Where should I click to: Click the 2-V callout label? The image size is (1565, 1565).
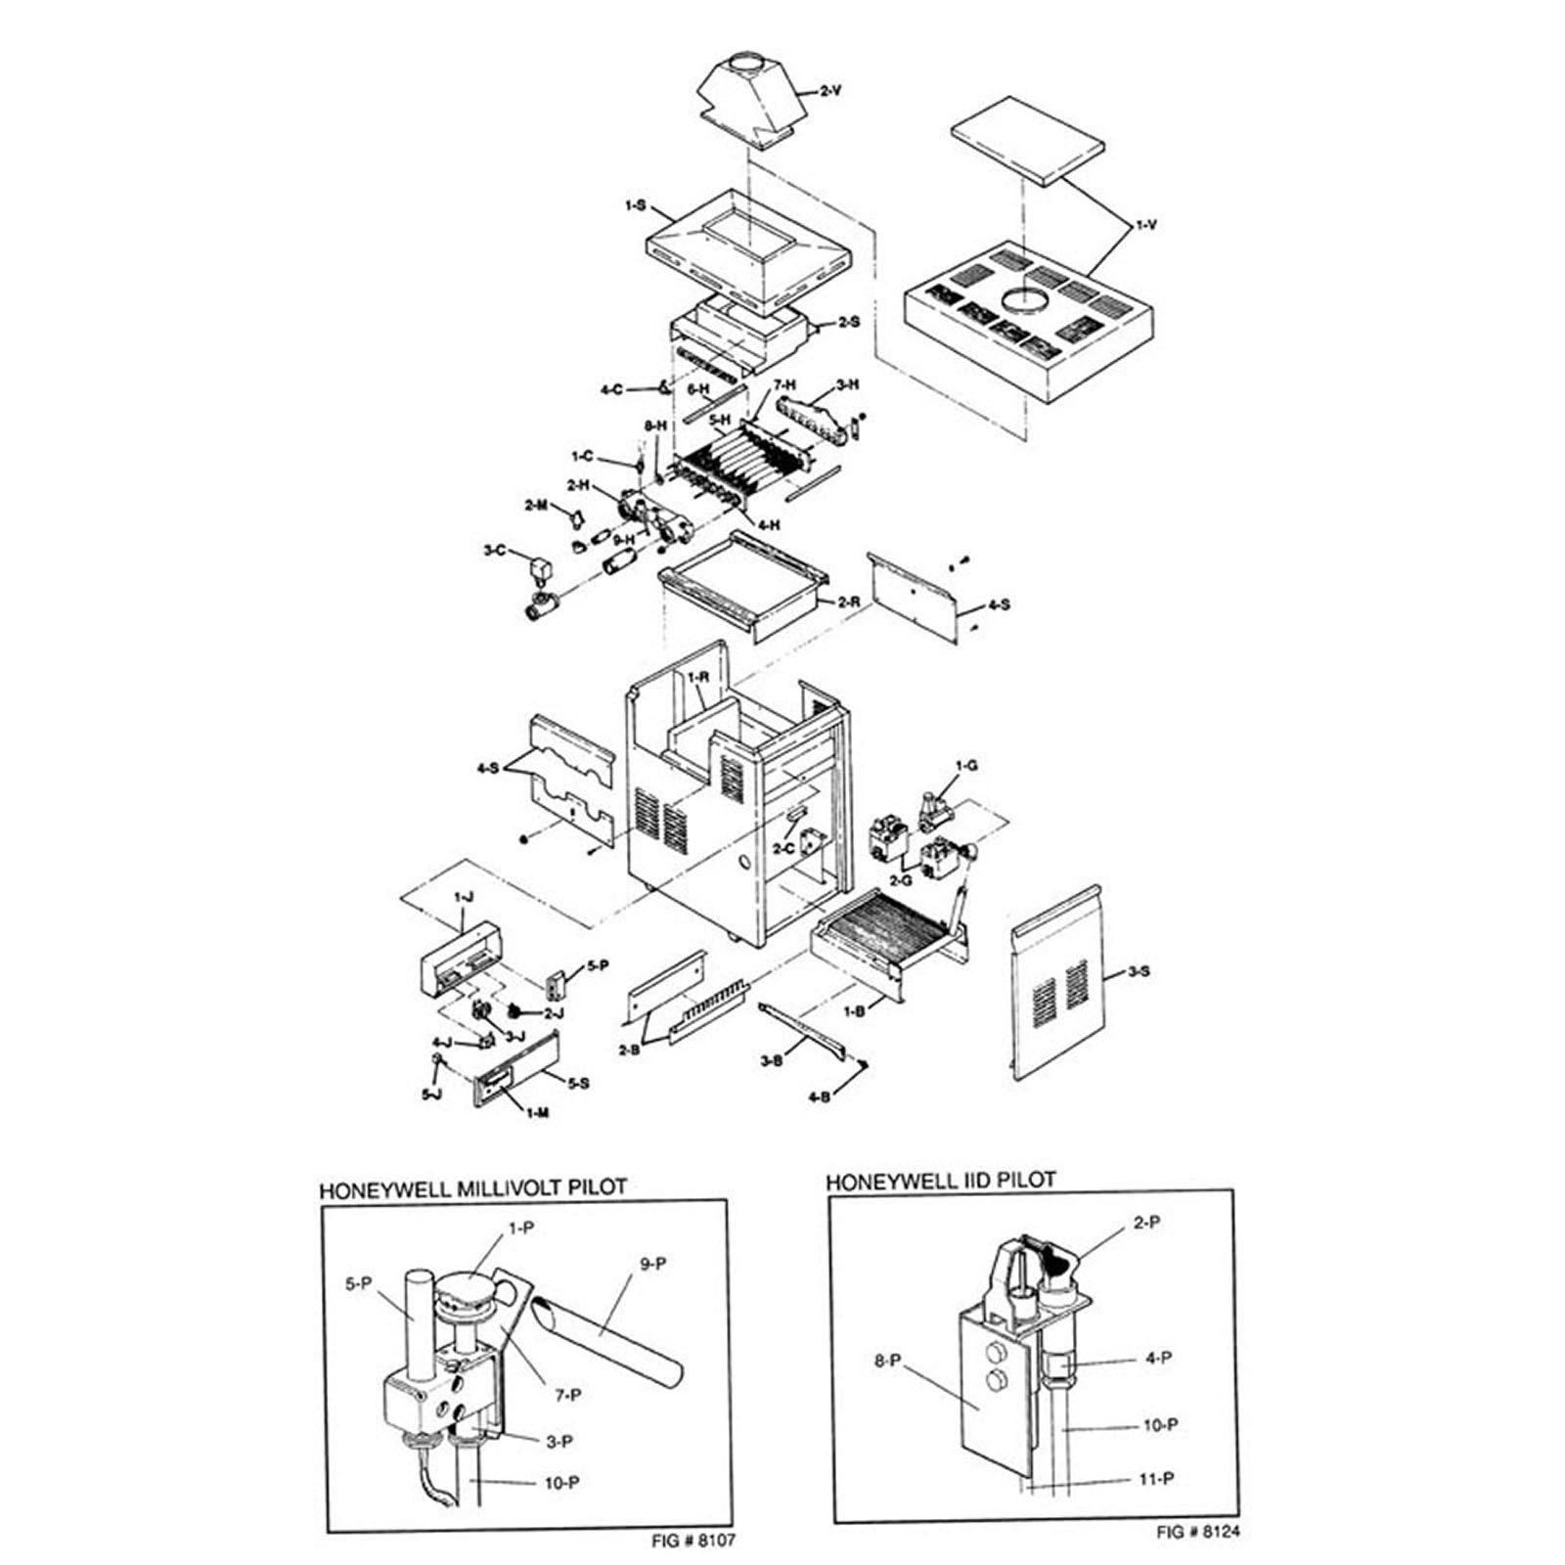click(x=830, y=91)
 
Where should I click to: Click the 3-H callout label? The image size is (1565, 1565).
click(x=847, y=385)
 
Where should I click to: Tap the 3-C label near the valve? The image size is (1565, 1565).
click(x=495, y=551)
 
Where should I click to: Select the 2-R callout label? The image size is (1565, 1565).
click(x=849, y=603)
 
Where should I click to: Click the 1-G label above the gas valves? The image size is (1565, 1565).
click(x=965, y=765)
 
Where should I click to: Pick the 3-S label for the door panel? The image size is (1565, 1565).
click(x=1139, y=971)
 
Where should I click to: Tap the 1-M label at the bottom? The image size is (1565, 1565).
click(x=537, y=1113)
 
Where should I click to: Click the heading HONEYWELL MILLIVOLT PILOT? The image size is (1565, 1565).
click(x=473, y=1188)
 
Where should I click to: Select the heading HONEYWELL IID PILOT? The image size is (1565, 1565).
click(x=940, y=1181)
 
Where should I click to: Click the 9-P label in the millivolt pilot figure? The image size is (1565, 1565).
click(x=652, y=1263)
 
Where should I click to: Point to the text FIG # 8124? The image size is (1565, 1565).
click(x=1197, y=1532)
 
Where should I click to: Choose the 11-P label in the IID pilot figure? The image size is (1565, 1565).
click(x=1156, y=1480)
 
